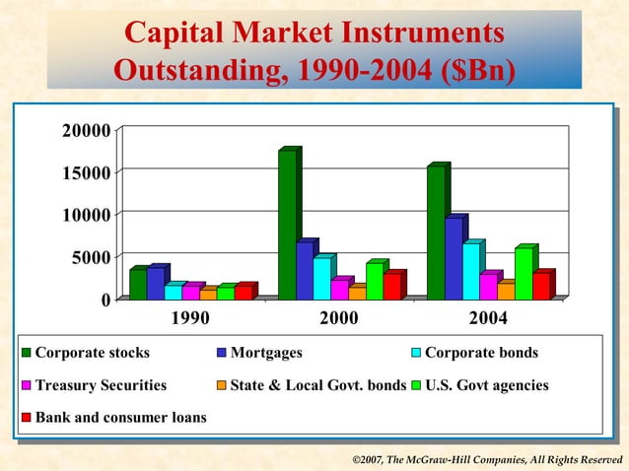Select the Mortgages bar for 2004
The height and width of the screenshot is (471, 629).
452,258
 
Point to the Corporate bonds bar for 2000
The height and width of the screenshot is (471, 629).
322,278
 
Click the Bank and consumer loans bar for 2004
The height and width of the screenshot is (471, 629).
540,286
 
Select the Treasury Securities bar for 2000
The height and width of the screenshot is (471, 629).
339,289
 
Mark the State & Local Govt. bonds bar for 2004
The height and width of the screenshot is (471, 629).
505,291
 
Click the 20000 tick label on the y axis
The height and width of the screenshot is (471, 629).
83,129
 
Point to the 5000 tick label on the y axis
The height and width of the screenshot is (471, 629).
87,258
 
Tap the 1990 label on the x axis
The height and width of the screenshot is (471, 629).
190,318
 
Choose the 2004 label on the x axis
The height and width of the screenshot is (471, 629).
488,318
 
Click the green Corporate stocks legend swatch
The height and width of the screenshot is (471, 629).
27,353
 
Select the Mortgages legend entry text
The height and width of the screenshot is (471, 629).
266,353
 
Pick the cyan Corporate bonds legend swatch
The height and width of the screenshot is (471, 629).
416,353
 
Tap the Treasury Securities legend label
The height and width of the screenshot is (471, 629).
101,385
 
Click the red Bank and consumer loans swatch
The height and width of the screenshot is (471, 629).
27,418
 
